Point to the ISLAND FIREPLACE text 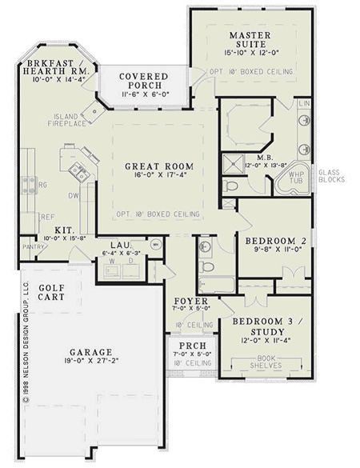point(68,119)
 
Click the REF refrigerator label point(47,216)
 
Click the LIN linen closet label point(304,105)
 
